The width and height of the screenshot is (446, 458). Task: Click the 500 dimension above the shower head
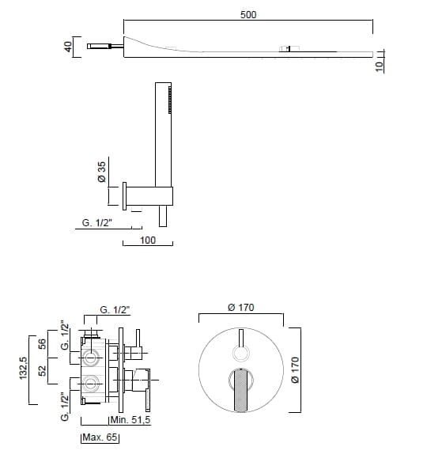click(x=248, y=14)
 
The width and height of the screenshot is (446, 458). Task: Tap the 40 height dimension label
click(x=68, y=47)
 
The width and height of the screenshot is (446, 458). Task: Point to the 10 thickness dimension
click(x=379, y=66)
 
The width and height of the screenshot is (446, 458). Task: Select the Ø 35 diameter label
click(x=102, y=172)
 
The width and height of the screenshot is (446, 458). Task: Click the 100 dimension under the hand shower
click(x=148, y=240)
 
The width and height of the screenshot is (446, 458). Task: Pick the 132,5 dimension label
click(x=24, y=369)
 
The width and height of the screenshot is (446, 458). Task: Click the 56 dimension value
click(x=43, y=344)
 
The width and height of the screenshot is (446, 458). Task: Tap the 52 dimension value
click(x=43, y=371)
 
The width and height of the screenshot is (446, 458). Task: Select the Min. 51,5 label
click(x=130, y=420)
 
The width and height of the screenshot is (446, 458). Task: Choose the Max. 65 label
click(x=100, y=437)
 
